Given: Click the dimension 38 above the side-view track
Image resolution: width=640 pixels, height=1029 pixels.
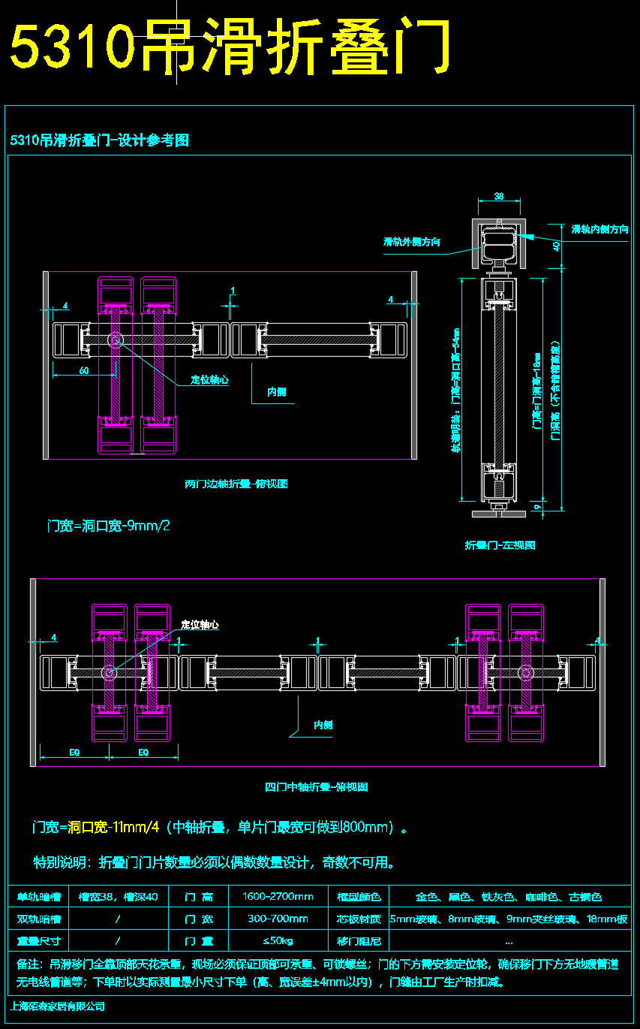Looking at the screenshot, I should (x=499, y=196).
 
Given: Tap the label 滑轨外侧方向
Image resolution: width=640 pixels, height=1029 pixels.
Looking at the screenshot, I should (x=411, y=242).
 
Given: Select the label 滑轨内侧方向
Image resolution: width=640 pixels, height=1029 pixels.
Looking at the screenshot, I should (x=599, y=229).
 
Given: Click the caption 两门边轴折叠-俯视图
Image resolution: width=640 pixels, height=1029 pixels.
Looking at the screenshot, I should (x=236, y=484).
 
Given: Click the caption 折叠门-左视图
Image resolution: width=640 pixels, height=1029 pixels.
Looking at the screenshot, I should (x=500, y=545).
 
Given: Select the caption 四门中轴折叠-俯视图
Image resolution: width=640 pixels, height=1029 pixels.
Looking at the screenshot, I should (x=316, y=787).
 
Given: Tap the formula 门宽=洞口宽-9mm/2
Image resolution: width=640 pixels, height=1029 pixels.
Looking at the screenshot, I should (x=108, y=526).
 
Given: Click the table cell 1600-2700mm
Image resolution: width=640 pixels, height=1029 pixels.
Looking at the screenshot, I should (x=278, y=897).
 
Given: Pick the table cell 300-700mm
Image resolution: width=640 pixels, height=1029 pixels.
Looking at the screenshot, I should (x=278, y=919).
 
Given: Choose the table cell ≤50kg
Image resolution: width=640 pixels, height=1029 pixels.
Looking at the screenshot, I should (x=278, y=940).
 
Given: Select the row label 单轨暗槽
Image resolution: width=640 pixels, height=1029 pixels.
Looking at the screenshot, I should (x=38, y=897).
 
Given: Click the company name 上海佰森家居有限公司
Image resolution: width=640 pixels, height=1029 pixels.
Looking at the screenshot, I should (x=58, y=1006).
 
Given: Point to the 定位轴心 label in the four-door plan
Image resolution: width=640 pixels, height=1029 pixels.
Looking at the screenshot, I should (x=200, y=625).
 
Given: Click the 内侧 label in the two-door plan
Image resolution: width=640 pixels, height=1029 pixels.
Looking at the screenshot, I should (x=276, y=392).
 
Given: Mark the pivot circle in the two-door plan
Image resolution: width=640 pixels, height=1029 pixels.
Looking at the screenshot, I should (x=116, y=340).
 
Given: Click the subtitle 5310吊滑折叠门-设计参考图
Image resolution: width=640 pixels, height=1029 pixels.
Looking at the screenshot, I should (x=99, y=140).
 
